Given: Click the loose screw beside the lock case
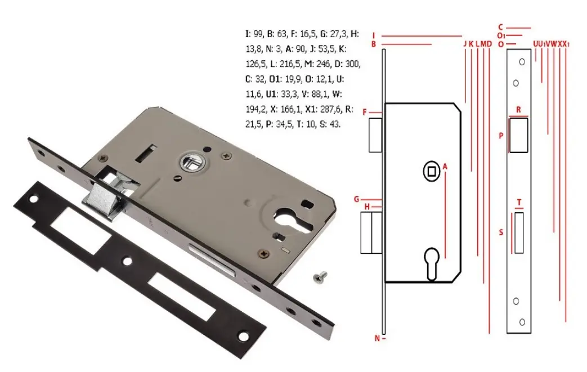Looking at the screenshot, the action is coord(320,277).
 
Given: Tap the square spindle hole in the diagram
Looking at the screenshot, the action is coord(431,172).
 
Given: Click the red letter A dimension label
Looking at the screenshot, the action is coord(445,167).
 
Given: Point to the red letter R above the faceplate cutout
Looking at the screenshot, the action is coord(518,110).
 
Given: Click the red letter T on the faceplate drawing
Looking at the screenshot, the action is coord(519,203).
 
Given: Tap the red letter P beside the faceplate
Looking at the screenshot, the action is coord(501,136).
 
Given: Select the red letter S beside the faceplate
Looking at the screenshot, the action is coord(501,233).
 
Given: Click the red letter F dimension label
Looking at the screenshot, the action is coord(365,112).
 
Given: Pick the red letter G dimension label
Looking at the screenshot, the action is coord(356,199).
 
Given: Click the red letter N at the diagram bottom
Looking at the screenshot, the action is coord(377,338).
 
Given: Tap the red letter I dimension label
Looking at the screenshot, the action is coord(374,36).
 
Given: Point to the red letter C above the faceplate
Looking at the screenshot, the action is coord(500,28).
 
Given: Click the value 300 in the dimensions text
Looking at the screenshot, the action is coord(352,64).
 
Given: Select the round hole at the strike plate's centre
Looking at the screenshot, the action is coord(128,261).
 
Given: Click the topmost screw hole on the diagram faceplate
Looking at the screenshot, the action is coord(522,62).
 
